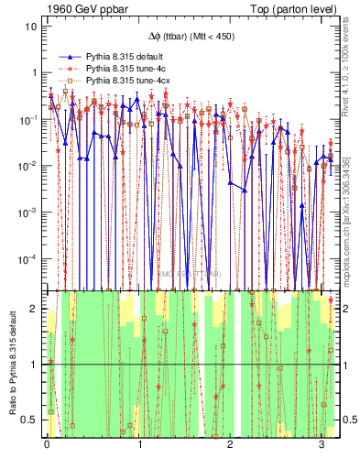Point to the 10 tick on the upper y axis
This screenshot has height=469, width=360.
(x=30, y=26)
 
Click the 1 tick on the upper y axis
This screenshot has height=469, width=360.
(x=33, y=72)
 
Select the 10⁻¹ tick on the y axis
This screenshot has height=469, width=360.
(x=28, y=119)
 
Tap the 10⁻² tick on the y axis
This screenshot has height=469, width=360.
(x=28, y=166)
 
